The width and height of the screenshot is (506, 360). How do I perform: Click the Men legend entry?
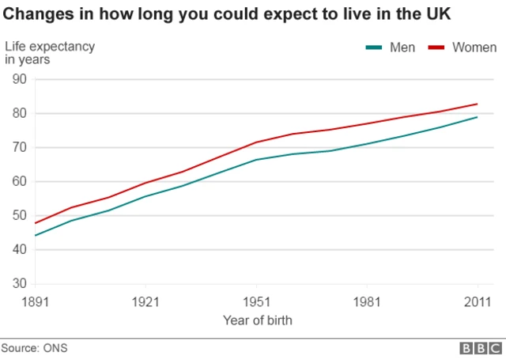[390, 47]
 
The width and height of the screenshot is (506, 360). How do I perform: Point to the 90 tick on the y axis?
[20, 79]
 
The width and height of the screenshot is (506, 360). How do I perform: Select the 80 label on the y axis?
[20, 113]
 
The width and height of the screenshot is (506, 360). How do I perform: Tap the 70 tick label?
[20, 147]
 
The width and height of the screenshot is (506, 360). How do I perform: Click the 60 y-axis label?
[20, 181]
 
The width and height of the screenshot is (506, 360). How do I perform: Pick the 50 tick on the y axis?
[20, 215]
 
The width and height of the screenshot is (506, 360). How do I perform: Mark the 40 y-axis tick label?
[20, 249]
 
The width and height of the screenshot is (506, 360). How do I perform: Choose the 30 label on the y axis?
[20, 283]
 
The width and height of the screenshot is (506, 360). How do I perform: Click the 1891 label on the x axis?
[36, 302]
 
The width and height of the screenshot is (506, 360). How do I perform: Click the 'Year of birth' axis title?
[257, 320]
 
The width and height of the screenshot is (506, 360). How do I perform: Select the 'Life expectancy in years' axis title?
[49, 53]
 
